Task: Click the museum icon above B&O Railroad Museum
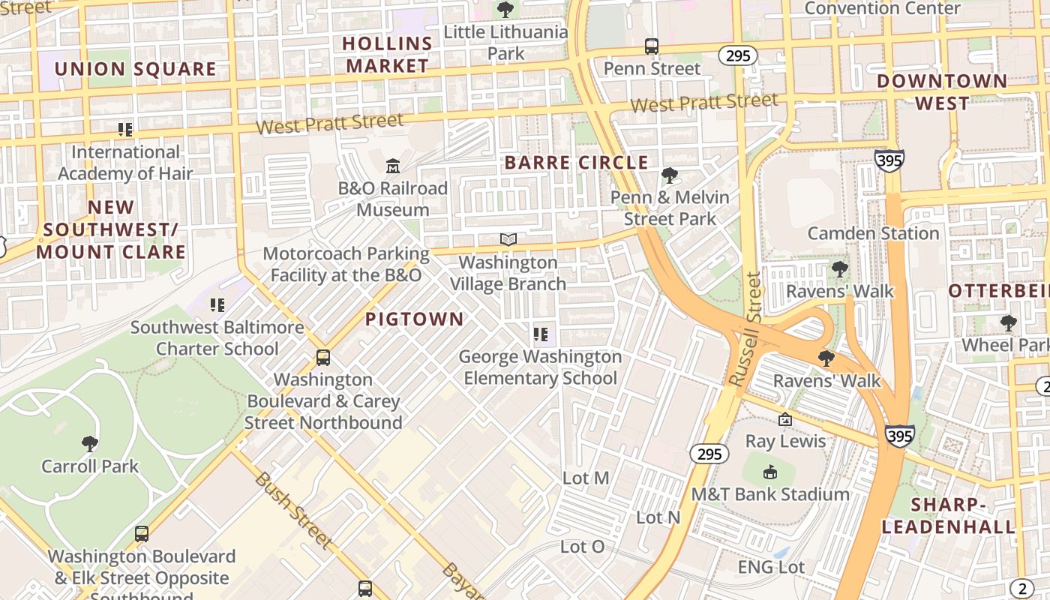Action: coord(392,165)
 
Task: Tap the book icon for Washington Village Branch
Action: coord(508,239)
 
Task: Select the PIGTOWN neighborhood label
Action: coord(415,319)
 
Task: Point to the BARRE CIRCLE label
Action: coord(576,163)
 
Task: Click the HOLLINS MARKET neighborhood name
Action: coord(387,55)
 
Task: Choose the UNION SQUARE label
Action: coord(135,69)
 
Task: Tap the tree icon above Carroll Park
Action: coord(90,443)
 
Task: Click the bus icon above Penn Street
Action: coord(652,46)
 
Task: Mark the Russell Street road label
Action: coord(746,330)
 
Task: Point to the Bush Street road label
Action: coord(292,508)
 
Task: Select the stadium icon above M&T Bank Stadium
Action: coord(769,472)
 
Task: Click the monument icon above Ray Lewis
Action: coord(785,419)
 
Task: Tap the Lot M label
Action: coord(586,478)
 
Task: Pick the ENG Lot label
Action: coord(771,567)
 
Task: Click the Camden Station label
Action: coord(873,233)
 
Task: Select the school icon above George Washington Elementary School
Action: coord(540,334)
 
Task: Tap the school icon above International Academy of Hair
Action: coord(125,130)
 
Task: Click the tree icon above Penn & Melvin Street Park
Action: coord(669,175)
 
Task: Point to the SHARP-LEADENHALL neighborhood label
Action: coord(948,515)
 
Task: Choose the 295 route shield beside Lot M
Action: coord(709,454)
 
